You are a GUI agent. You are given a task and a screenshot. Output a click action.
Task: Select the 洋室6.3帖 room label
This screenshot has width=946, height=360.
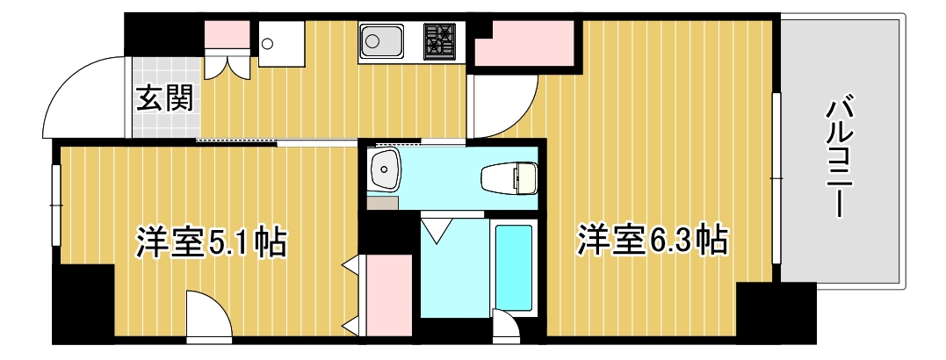click(652, 239)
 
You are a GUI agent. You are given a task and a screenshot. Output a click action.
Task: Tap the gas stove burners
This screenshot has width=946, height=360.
click(441, 40)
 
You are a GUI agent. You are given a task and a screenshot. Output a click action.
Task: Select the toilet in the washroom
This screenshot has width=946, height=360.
click(509, 178)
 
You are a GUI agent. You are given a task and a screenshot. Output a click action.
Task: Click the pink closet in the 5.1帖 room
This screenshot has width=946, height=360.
click(387, 294)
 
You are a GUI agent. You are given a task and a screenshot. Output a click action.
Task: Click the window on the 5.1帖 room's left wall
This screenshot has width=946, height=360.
click(55, 205)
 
